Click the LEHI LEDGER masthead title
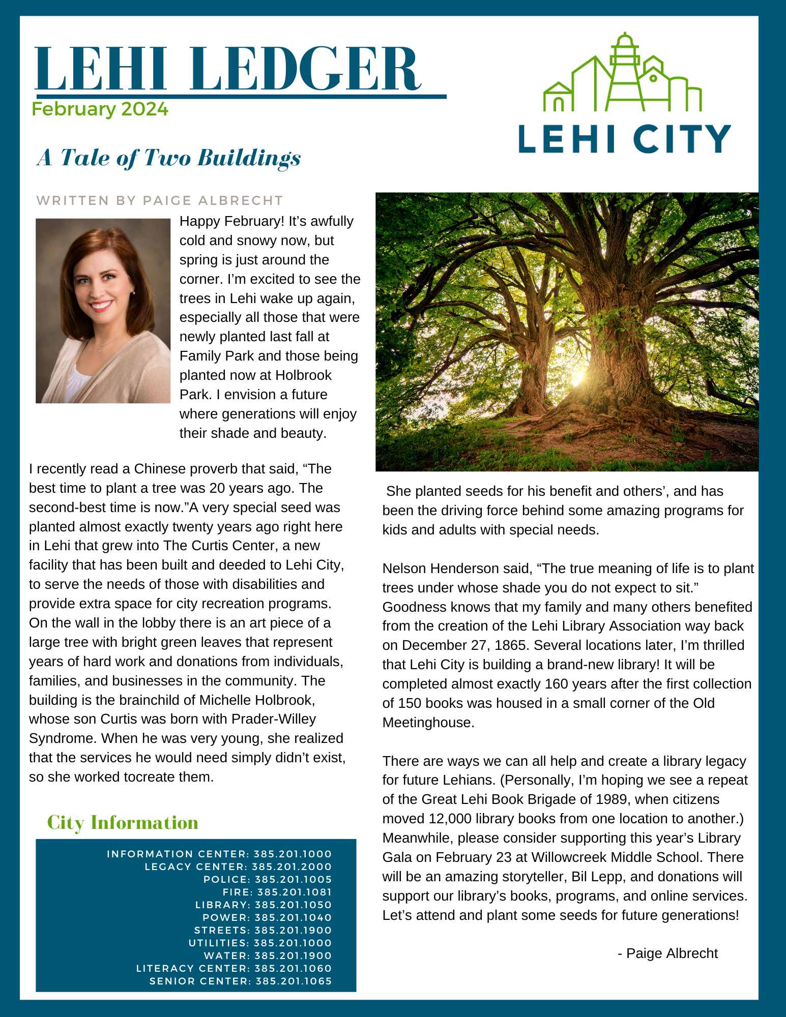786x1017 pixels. point(227,69)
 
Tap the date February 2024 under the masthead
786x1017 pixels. point(100,109)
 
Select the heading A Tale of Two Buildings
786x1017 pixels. point(169,158)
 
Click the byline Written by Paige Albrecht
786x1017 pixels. point(160,200)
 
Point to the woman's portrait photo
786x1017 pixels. point(103,311)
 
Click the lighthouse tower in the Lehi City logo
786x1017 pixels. point(624,71)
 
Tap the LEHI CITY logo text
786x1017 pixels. point(624,139)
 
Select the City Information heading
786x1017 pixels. point(123,823)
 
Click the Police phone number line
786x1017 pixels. point(268,879)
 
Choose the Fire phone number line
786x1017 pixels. point(277,892)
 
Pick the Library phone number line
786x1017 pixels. point(264,905)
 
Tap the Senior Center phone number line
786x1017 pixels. point(241,981)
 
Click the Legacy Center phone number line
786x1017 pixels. point(238,866)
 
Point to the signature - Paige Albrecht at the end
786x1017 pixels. point(667,953)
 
